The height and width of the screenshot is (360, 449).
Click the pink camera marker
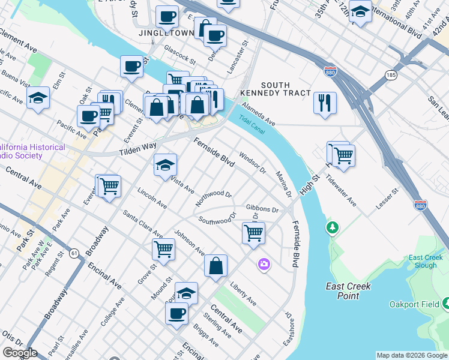[x=264, y=263]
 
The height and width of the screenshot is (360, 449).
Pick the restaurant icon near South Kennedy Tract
[x=325, y=103]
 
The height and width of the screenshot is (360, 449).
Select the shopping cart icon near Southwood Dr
[x=253, y=232]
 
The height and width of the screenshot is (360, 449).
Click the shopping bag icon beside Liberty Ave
[x=215, y=266]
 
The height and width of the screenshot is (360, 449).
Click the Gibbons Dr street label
[x=262, y=209]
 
